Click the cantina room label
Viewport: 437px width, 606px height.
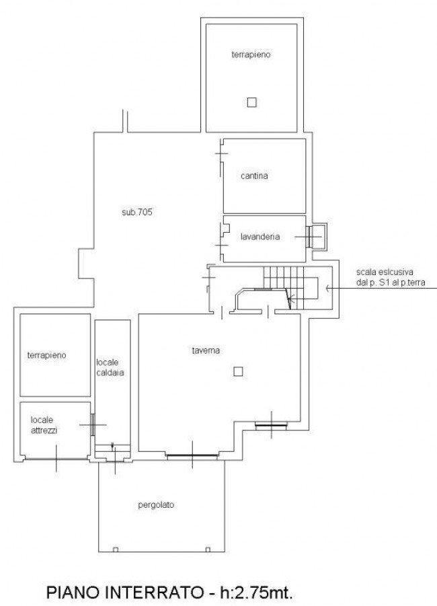[254, 176]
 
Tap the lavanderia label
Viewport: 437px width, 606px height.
[260, 237]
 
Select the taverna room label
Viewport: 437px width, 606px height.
[206, 350]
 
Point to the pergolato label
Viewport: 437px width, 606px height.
[156, 505]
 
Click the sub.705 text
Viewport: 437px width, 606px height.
[137, 212]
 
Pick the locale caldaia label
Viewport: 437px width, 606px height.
[110, 367]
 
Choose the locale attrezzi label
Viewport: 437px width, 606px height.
[44, 425]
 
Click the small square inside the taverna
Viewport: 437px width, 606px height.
[238, 371]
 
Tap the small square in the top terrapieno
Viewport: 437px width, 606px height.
[251, 102]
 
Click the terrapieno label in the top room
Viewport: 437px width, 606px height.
[251, 54]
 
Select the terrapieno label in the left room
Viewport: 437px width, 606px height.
[47, 355]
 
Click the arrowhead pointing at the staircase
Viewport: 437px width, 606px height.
[329, 288]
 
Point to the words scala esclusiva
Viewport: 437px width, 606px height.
[385, 272]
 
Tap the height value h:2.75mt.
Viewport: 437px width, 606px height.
[256, 592]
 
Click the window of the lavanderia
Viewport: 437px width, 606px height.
[309, 237]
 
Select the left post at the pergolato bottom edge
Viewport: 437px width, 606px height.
[115, 550]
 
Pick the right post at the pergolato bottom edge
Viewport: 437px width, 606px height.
[208, 550]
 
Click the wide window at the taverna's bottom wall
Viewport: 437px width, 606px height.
[192, 457]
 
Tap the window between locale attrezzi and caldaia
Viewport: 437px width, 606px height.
[93, 425]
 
